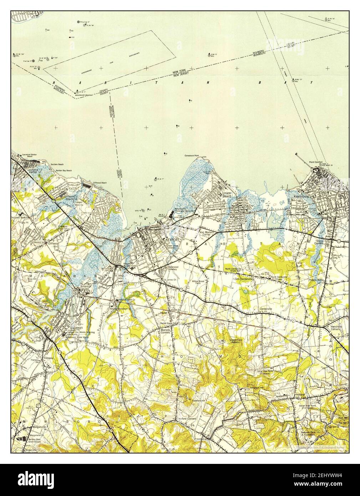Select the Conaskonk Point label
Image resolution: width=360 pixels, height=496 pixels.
191,156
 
